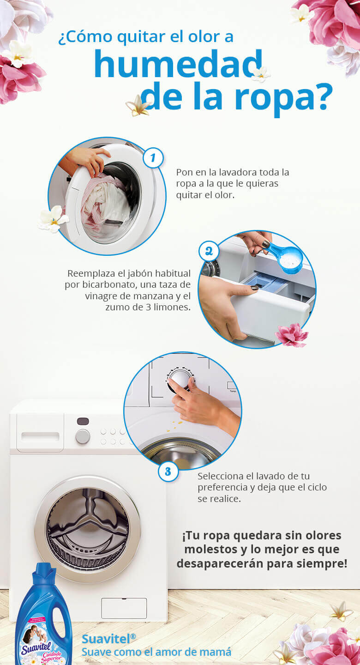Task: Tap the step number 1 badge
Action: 153,158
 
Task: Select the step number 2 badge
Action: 209,252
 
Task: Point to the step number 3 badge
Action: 168,471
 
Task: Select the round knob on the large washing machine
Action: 83,436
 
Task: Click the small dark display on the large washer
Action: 83,421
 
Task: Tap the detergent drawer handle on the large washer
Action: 40,437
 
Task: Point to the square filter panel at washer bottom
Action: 124,608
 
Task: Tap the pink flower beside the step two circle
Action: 292,335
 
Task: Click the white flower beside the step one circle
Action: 53,218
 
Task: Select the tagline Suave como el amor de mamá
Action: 156,652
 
